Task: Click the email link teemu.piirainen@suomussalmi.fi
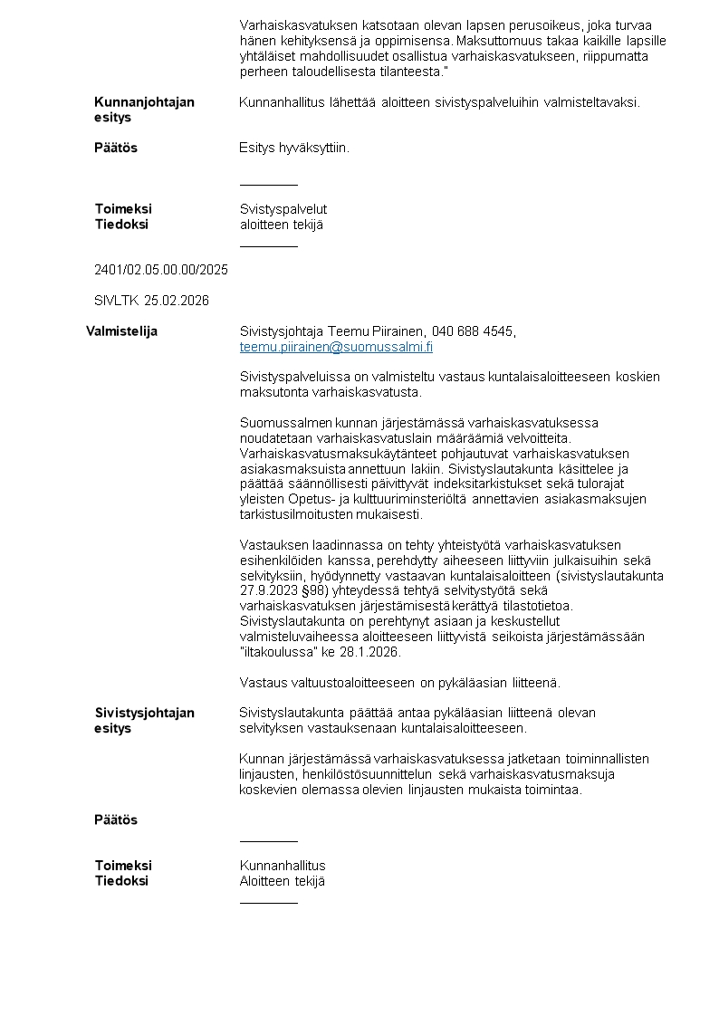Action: click(x=336, y=347)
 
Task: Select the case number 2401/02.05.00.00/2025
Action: click(x=161, y=270)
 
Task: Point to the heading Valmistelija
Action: click(x=121, y=331)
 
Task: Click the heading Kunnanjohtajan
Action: click(x=144, y=102)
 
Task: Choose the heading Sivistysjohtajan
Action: click(x=145, y=713)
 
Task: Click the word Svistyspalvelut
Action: click(x=283, y=209)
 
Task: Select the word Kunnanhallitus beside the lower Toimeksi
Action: click(x=283, y=866)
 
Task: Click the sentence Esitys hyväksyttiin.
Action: click(x=293, y=148)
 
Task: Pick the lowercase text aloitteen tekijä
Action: click(x=282, y=225)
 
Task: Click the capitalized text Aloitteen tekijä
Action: click(x=282, y=881)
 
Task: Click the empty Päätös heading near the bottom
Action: click(x=116, y=820)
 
